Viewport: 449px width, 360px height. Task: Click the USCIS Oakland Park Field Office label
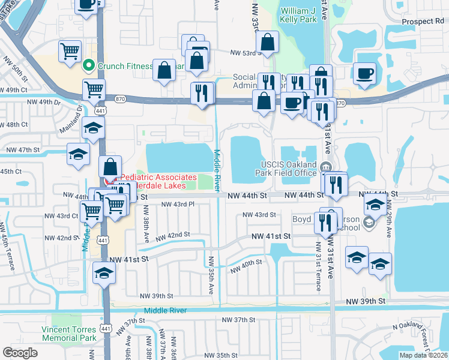tap(289, 169)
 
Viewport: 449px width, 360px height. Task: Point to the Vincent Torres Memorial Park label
tap(68, 334)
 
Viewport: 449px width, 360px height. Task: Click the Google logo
tap(20, 353)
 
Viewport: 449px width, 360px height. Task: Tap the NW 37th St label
tap(238, 320)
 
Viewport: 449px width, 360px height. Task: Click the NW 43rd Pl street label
tap(178, 205)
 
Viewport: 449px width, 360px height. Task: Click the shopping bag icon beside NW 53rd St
tap(267, 43)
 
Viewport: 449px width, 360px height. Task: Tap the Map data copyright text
tap(423, 355)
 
